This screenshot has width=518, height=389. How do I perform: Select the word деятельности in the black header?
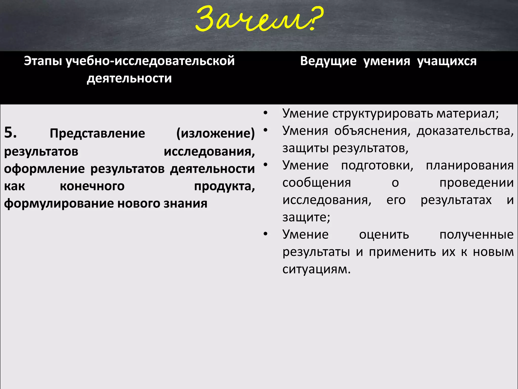pyautogui.click(x=129, y=78)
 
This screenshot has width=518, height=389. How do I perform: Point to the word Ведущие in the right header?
pyautogui.click(x=328, y=61)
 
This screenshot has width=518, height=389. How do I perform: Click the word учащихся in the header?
pyautogui.click(x=447, y=61)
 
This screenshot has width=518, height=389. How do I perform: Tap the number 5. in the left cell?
pyautogui.click(x=10, y=132)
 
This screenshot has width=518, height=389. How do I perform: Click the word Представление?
pyautogui.click(x=97, y=133)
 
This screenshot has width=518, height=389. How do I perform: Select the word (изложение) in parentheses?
pyautogui.click(x=215, y=133)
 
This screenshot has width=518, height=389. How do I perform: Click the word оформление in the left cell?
pyautogui.click(x=45, y=169)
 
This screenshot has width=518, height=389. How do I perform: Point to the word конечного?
pyautogui.click(x=92, y=186)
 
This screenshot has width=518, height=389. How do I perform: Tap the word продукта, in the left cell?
pyautogui.click(x=224, y=186)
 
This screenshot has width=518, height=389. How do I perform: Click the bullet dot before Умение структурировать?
pyautogui.click(x=265, y=113)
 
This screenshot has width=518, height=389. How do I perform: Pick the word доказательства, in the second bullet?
pyautogui.click(x=465, y=131)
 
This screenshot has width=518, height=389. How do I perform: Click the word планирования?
pyautogui.click(x=470, y=166)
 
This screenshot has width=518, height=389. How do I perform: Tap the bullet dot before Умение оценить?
pyautogui.click(x=265, y=234)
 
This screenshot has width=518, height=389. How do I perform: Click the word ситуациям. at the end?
pyautogui.click(x=316, y=269)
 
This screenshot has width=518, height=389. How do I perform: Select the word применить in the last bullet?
pyautogui.click(x=402, y=252)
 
